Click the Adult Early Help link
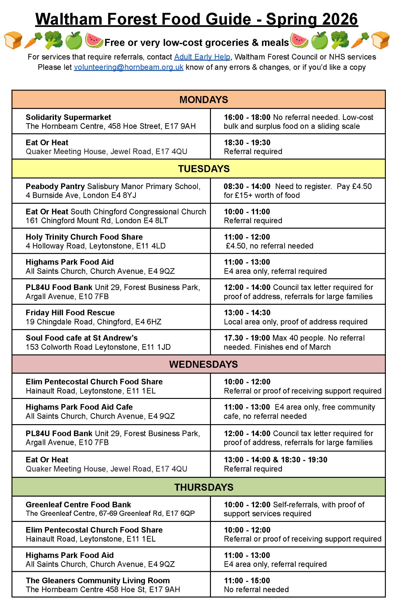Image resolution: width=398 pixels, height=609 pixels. [202, 57]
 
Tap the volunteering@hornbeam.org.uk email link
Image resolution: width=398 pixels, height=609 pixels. [128, 67]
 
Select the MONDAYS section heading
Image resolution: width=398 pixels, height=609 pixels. [204, 100]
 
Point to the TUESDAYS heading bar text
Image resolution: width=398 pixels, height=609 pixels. [204, 169]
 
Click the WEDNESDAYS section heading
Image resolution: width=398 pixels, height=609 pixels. [203, 364]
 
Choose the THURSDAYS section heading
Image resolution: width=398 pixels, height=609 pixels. [204, 487]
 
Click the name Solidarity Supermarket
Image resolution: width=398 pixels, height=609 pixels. [68, 117]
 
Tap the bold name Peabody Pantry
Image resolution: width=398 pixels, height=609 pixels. [55, 186]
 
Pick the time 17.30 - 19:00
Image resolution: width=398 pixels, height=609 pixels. [247, 338]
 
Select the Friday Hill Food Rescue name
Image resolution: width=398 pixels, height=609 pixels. [70, 313]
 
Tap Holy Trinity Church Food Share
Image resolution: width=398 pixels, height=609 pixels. [84, 237]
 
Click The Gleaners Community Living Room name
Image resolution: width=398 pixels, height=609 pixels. [98, 580]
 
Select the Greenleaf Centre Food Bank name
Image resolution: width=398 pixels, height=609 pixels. [78, 505]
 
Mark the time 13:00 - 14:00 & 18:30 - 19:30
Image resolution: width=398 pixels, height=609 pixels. [275, 460]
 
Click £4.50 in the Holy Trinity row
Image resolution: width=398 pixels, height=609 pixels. [236, 246]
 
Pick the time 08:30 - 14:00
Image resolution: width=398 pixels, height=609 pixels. [247, 186]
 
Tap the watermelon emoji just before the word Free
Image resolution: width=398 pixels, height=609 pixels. [94, 40]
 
